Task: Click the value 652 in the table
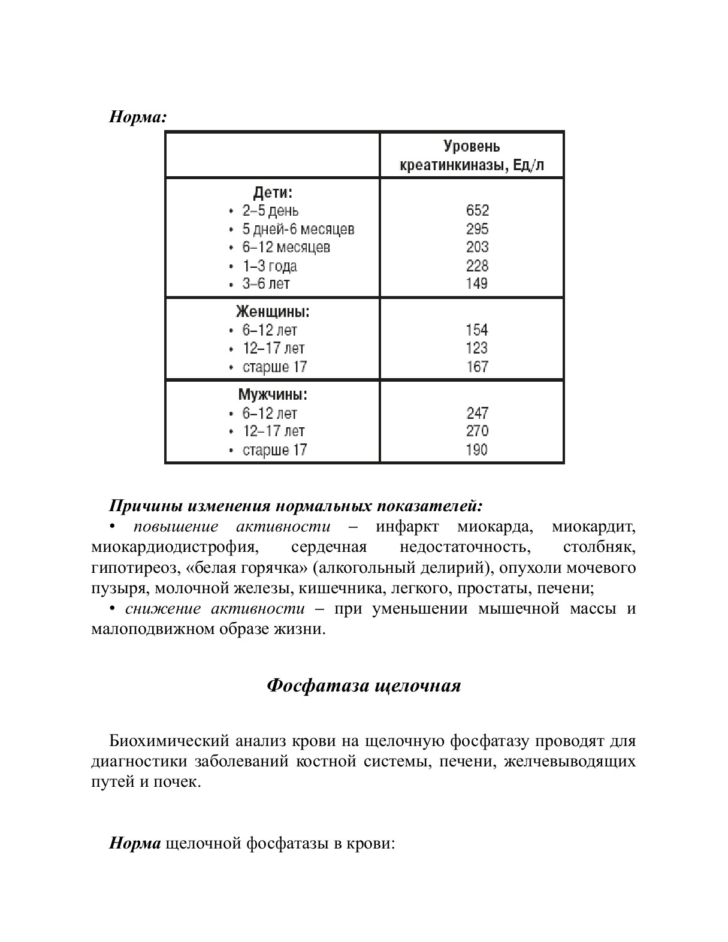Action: [x=477, y=210]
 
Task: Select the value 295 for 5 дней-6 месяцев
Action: [x=477, y=229]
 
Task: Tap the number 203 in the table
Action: [x=477, y=247]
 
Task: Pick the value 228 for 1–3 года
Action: [x=477, y=265]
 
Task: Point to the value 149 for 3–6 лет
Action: [x=477, y=283]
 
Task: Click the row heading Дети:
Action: [x=273, y=192]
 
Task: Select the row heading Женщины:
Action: [x=273, y=312]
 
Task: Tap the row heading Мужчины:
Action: [x=273, y=395]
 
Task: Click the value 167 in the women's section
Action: [x=477, y=366]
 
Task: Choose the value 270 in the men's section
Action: [x=477, y=431]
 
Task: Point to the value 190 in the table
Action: [x=477, y=449]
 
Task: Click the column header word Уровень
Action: [x=472, y=146]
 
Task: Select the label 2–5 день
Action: [x=270, y=211]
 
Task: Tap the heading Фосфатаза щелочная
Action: [x=364, y=686]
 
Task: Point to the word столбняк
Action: [x=599, y=547]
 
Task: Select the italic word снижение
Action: [x=163, y=609]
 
